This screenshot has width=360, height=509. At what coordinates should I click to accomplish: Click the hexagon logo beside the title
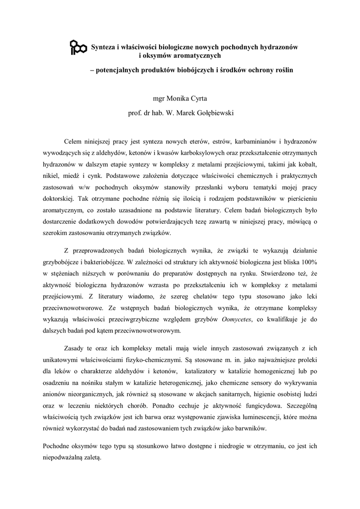pos(78,47)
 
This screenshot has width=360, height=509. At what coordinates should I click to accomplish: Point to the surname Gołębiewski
pos(211,113)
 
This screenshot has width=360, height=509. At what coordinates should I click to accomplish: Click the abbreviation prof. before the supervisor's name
pos(135,113)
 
